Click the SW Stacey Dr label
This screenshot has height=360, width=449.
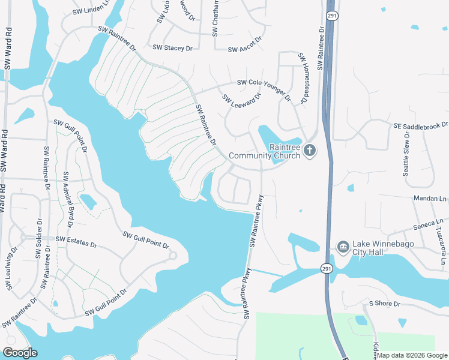172,47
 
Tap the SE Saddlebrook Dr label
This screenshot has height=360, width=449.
421,125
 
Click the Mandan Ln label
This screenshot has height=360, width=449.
430,198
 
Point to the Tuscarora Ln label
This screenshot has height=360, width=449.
440,245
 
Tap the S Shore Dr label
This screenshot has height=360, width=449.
384,304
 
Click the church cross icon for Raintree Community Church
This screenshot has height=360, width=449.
309,151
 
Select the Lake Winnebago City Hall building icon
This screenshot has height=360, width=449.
343,247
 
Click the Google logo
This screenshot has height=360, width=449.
20,353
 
